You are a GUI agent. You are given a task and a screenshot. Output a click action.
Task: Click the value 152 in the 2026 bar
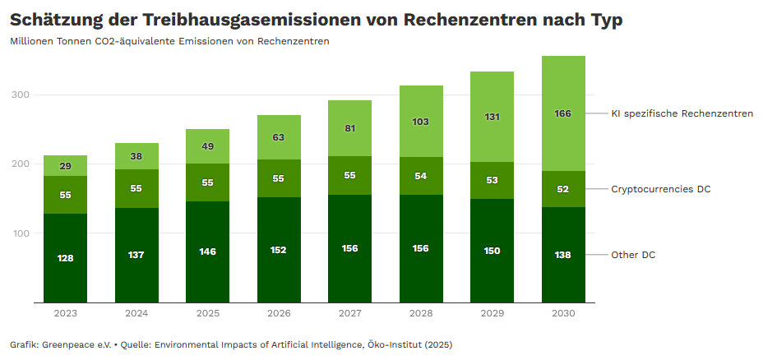tap(279, 250)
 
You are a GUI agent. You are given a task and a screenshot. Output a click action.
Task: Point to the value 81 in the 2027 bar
tap(349, 128)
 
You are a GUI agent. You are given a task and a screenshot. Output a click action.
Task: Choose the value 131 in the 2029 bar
tap(492, 118)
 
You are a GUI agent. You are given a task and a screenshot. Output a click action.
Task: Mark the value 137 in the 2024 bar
tap(136, 255)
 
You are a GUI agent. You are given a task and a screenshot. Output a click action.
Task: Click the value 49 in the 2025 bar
tap(207, 146)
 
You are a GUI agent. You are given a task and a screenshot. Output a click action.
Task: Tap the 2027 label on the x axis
tap(349, 313)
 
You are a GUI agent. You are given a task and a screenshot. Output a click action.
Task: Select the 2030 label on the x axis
tap(563, 313)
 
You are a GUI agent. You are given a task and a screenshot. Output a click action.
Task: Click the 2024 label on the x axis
tap(136, 313)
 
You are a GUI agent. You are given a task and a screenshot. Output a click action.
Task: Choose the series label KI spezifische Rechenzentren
tap(682, 113)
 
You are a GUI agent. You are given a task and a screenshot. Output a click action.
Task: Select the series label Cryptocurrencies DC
tap(660, 189)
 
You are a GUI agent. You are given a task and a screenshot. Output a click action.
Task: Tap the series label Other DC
tap(632, 255)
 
